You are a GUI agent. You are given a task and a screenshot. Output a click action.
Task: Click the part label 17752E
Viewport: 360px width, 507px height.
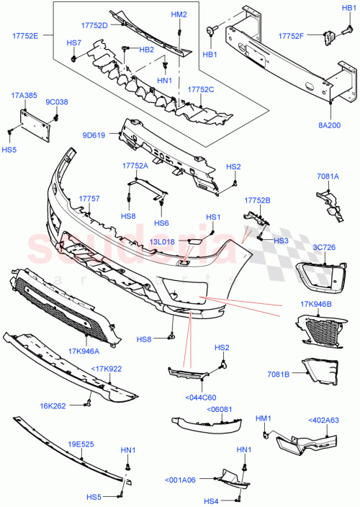point(25,35)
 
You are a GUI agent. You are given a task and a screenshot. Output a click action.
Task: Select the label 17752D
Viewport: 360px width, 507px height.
point(113,26)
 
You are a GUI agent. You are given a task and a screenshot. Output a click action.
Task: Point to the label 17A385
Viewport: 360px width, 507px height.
point(24,94)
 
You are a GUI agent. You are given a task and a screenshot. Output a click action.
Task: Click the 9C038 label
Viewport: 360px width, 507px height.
point(56,102)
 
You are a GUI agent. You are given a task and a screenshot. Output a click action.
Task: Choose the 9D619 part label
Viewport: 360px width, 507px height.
point(94,135)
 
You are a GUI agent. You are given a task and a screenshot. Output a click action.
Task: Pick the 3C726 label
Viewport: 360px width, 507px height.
point(325,248)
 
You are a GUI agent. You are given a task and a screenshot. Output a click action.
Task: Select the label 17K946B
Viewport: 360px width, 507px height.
point(315,303)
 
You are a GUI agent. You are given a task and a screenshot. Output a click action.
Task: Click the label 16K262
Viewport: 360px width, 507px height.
point(53,405)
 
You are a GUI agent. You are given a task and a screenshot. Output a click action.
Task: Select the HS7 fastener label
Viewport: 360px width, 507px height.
point(74,43)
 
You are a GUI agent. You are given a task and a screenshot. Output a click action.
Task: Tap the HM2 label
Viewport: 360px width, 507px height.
point(179,14)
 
